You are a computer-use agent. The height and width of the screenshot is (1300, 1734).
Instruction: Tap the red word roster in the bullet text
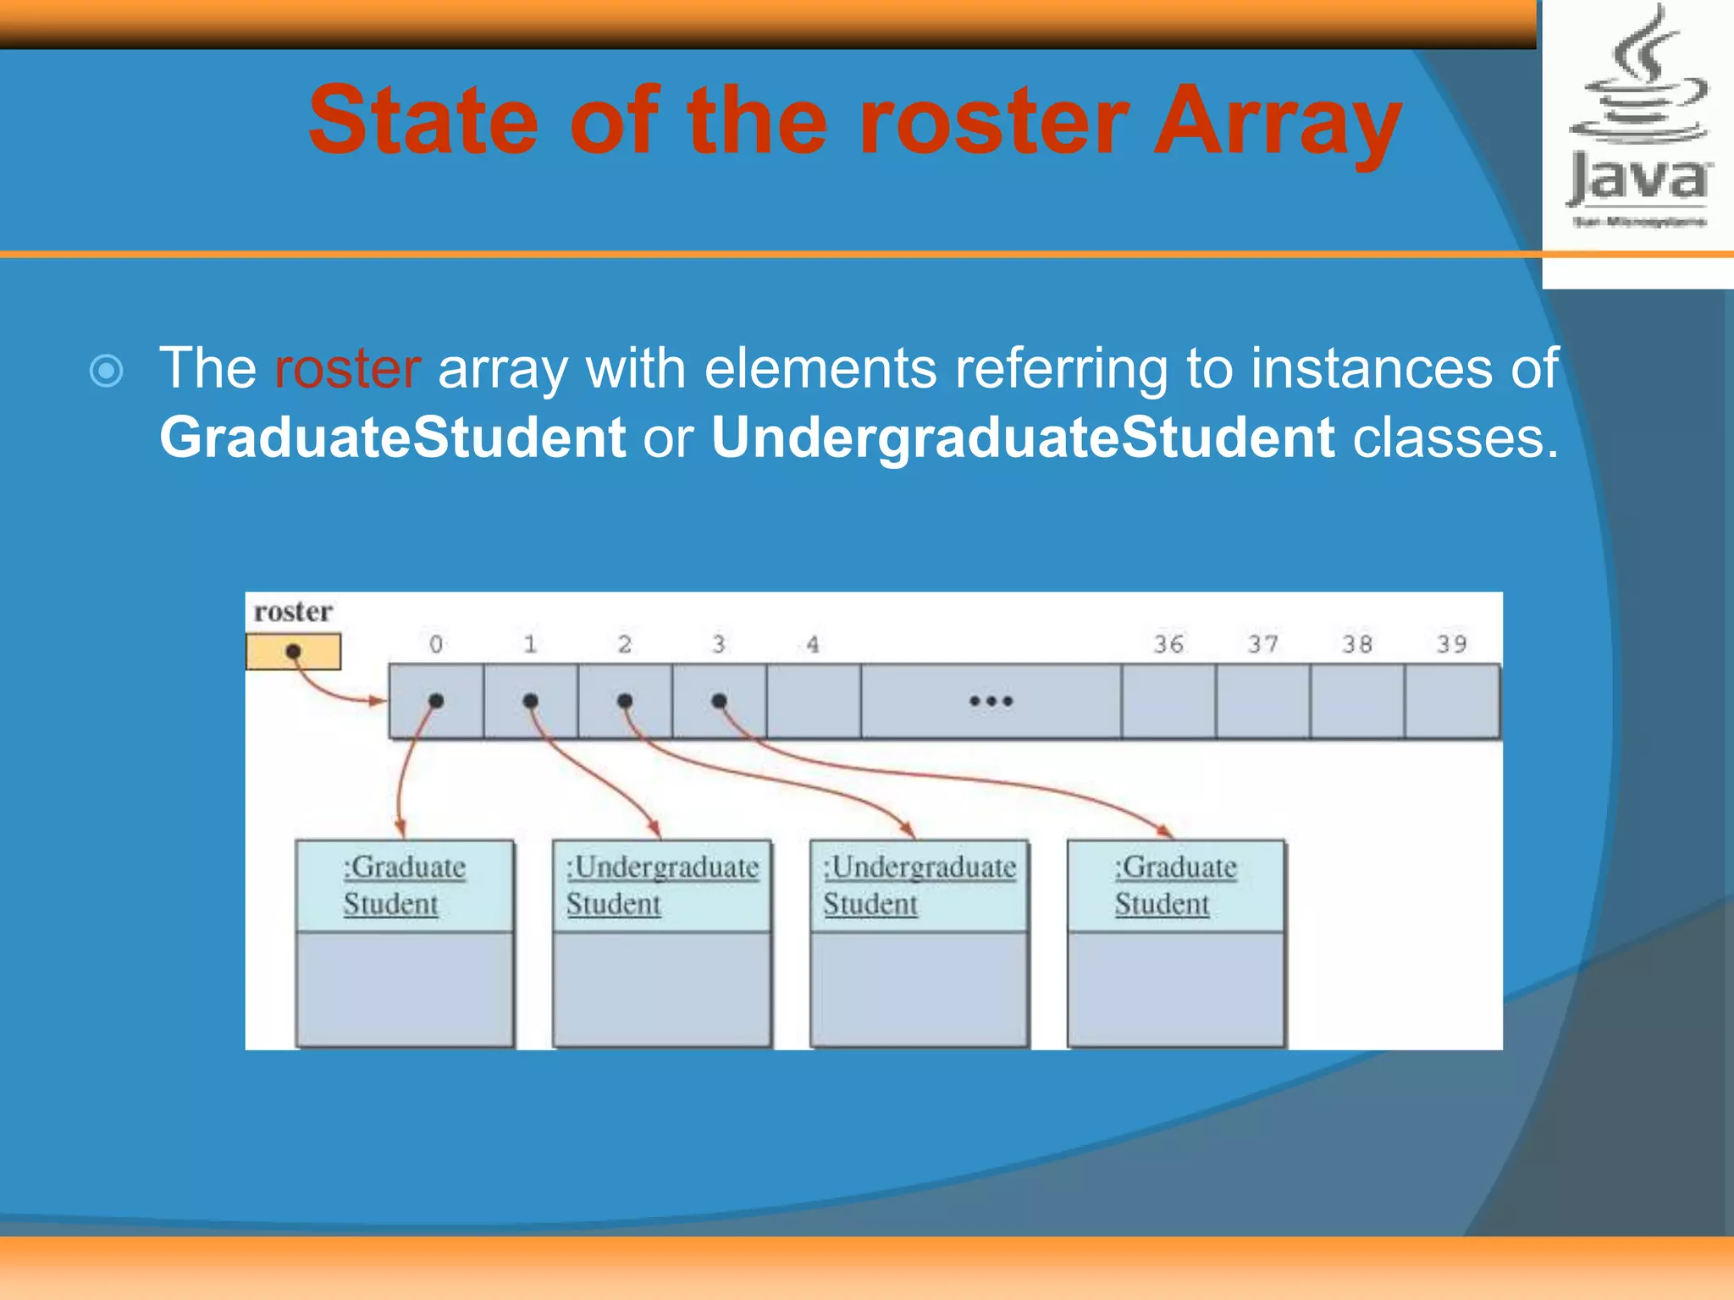click(347, 368)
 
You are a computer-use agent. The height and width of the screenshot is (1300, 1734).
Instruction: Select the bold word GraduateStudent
click(393, 438)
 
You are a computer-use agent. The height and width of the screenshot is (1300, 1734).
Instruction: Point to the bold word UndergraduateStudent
click(1023, 438)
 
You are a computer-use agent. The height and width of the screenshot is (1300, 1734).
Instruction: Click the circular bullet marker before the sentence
click(107, 371)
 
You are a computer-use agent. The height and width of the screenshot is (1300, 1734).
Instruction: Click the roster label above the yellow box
click(293, 611)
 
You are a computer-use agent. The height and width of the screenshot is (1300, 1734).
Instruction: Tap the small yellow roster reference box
click(293, 652)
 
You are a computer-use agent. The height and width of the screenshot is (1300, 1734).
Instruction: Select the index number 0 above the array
click(436, 644)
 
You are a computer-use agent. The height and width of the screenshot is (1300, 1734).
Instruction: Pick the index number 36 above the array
click(1168, 644)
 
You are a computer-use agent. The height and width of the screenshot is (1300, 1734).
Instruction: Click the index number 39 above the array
click(1451, 644)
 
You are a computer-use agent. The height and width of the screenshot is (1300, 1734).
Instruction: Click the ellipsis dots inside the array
click(991, 701)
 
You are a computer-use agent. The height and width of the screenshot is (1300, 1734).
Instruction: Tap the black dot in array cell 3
click(719, 701)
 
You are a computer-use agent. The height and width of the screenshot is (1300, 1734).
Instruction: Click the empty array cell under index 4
click(814, 701)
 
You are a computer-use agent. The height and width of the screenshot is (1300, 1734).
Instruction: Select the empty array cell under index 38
click(1357, 701)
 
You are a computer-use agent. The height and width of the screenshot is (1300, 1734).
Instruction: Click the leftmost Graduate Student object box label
click(404, 885)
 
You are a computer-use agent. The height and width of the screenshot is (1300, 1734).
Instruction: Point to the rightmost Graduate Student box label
click(1175, 885)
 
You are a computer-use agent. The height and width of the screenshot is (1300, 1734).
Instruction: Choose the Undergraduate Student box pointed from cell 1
click(662, 885)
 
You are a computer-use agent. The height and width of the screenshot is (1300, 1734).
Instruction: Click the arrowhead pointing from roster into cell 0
click(378, 701)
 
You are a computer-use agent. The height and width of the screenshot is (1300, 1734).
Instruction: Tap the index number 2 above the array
click(625, 644)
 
